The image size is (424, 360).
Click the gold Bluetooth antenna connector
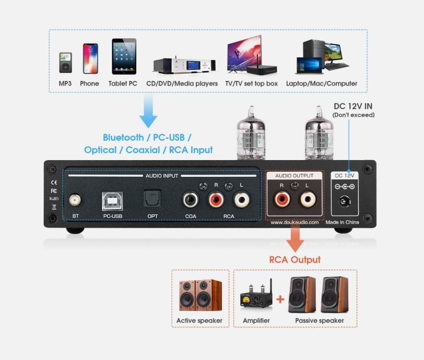click(75, 200)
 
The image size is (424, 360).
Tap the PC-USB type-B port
click(112, 201)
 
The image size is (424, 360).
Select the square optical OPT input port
click(152, 198)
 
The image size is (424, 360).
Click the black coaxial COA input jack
click(191, 200)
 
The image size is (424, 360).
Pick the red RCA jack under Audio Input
click(216, 200)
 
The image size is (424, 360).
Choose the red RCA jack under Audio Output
click(282, 199)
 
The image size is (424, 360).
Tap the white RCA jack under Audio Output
click(308, 199)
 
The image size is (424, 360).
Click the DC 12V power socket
click(345, 201)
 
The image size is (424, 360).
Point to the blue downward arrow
click(148, 111)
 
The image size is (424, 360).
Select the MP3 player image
click(66, 63)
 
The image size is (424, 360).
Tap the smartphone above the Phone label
click(90, 58)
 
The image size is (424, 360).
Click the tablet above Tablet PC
click(124, 56)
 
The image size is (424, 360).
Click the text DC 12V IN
click(353, 106)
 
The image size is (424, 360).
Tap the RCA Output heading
click(295, 260)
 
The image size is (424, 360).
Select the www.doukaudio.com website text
click(295, 222)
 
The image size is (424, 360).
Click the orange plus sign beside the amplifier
click(280, 299)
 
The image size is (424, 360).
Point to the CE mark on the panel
click(54, 183)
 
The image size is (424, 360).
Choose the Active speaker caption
click(199, 320)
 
